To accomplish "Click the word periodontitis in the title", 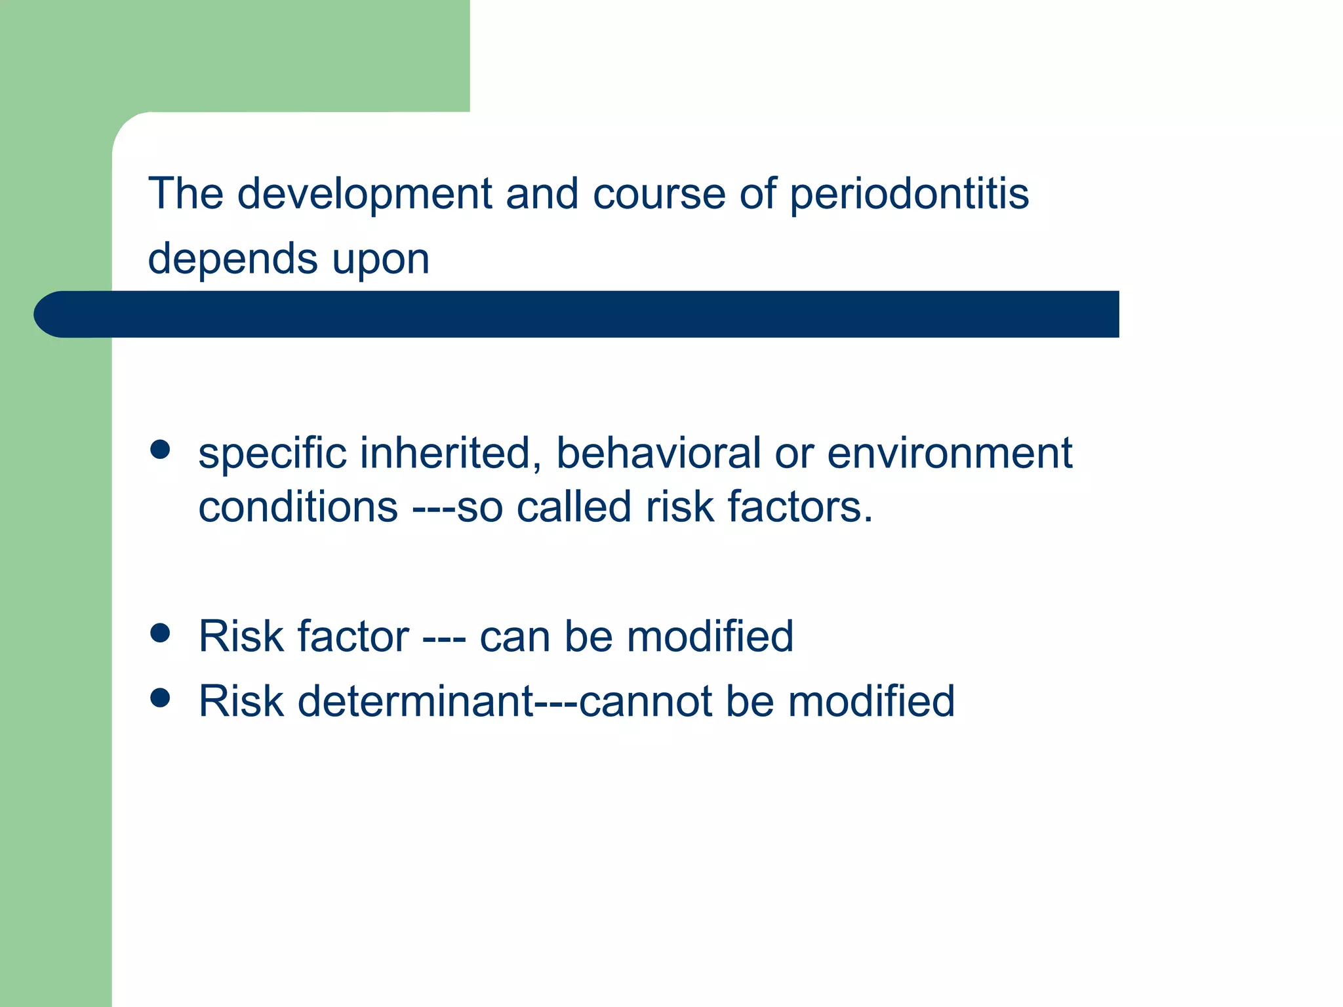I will (909, 195).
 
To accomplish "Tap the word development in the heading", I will (365, 195).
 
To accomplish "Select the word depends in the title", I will (232, 260).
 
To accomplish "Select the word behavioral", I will (658, 453).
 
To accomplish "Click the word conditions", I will (298, 507).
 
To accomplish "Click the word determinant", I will (416, 701).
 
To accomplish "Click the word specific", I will (272, 454).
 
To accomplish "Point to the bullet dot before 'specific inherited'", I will (160, 450).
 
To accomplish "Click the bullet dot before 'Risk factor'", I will (160, 633).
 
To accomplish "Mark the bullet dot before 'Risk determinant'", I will (160, 698).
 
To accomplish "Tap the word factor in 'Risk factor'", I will (353, 637).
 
